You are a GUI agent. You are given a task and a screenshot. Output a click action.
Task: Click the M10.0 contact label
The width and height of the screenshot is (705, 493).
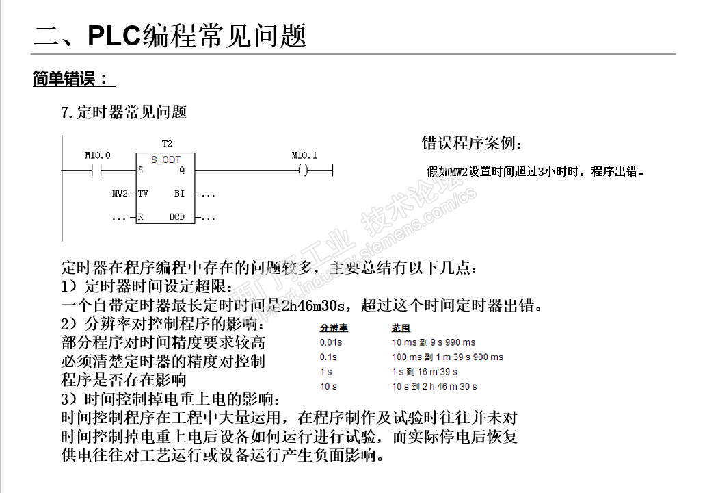[x=97, y=155]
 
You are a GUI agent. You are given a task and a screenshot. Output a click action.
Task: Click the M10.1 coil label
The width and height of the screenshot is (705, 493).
[x=304, y=155]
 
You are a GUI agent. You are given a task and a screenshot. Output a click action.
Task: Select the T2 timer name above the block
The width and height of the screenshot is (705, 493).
[x=167, y=144]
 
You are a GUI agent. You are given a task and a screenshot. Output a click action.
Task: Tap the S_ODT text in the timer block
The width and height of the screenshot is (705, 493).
[x=165, y=160]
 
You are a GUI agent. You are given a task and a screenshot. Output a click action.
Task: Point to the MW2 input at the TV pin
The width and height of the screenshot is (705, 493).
[x=120, y=194]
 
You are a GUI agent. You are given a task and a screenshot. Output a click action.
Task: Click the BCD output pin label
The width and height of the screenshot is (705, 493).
[x=177, y=217]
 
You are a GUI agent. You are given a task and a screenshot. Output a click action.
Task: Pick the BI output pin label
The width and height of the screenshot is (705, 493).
[x=179, y=194]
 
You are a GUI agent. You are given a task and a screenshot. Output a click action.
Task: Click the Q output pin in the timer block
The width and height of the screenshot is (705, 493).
[x=182, y=170]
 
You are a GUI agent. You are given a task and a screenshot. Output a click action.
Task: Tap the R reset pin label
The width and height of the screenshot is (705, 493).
[x=140, y=217]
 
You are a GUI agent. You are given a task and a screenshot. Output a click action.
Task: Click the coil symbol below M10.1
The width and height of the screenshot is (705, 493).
[x=304, y=170]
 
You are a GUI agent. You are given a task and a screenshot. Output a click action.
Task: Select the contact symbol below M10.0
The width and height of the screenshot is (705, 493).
[x=96, y=170]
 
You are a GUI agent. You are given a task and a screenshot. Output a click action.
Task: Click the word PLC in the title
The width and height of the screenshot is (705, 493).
[x=114, y=36]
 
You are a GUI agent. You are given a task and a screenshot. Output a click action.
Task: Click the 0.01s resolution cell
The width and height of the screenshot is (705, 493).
[x=331, y=342]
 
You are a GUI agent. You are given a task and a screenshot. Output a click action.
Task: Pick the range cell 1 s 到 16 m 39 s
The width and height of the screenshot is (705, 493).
[x=424, y=372]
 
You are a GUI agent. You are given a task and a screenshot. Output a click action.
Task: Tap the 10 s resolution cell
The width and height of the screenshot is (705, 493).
[x=328, y=387]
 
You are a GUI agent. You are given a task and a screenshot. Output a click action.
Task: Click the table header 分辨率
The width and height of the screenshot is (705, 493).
[x=334, y=328]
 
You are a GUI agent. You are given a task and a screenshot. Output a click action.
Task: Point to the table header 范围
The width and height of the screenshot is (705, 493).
[x=401, y=328]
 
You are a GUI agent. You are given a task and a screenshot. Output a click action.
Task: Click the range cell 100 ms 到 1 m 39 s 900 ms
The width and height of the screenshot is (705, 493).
[x=447, y=357]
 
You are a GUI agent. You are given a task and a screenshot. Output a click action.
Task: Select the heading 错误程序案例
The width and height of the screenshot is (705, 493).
[x=472, y=144]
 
